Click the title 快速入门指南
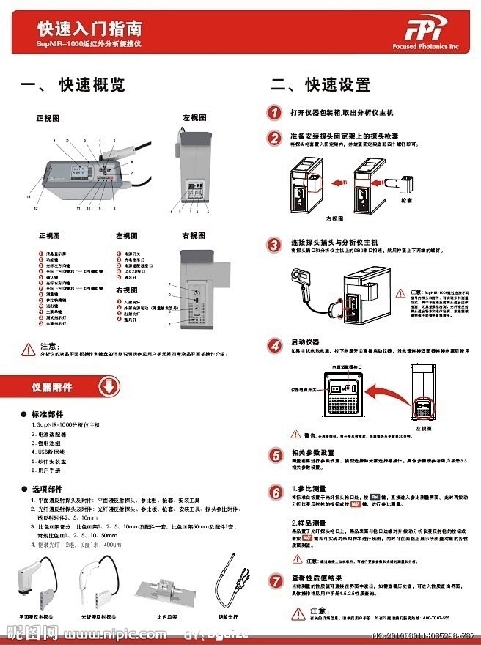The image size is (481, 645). (x=90, y=29)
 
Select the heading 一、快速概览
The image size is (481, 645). (x=73, y=84)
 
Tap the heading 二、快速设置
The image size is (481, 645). (x=320, y=84)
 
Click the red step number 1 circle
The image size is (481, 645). (x=273, y=113)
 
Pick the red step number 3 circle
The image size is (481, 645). (x=273, y=243)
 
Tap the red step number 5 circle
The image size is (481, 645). (x=273, y=454)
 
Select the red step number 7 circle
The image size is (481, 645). (x=273, y=580)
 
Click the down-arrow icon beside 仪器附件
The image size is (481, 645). (x=107, y=386)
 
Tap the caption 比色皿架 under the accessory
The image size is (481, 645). (x=169, y=617)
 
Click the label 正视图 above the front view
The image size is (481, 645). (x=48, y=117)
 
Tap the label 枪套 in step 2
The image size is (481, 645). (x=407, y=199)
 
